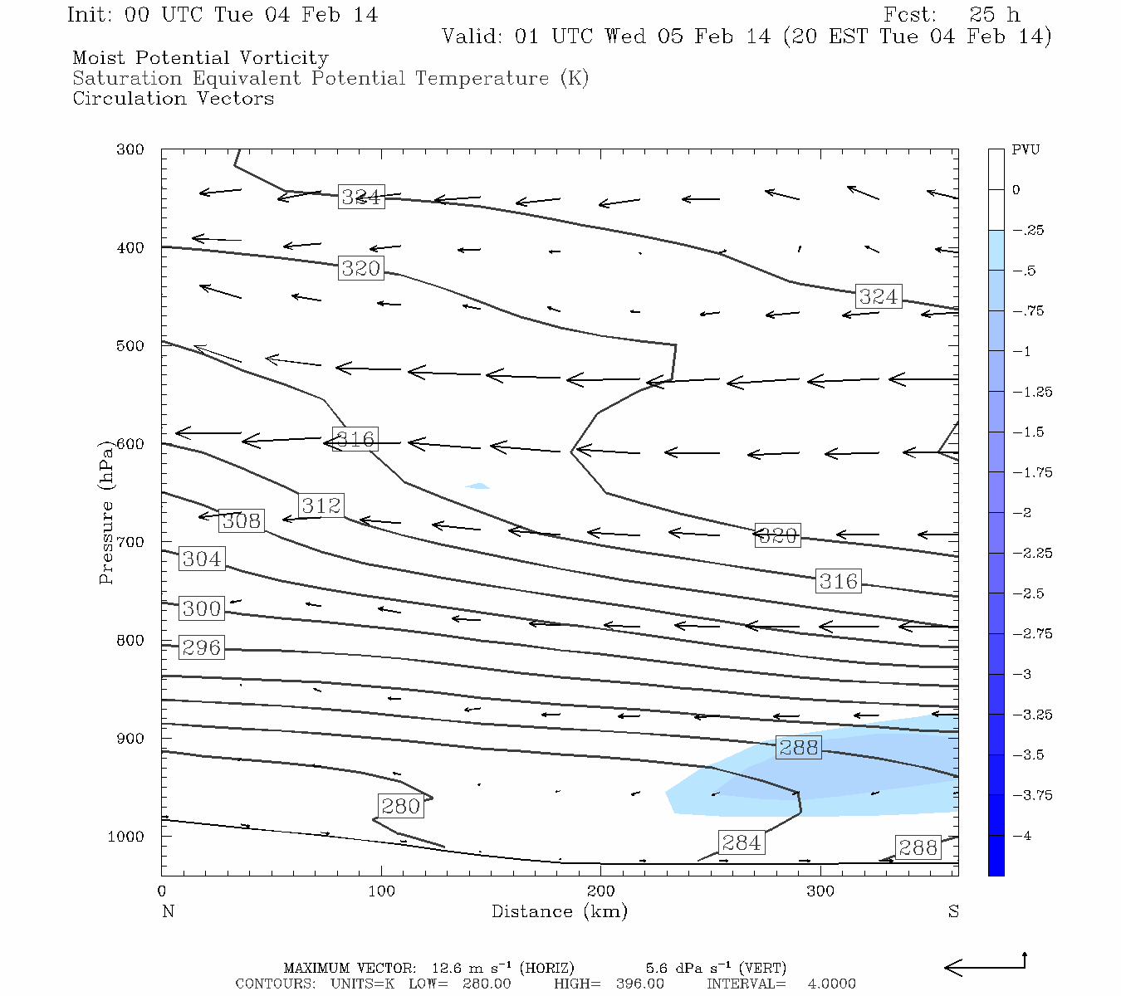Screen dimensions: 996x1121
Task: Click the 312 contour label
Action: point(321,505)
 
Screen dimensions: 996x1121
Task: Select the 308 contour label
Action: point(242,521)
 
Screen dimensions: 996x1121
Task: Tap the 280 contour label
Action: point(401,806)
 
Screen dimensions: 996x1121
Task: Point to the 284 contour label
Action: point(742,843)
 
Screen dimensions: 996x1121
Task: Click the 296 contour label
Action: point(202,647)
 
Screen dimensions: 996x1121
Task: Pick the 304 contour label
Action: point(202,559)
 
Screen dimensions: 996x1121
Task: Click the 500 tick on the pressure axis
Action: point(130,346)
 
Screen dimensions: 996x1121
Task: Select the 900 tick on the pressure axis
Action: point(130,739)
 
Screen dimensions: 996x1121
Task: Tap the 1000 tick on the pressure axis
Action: point(126,837)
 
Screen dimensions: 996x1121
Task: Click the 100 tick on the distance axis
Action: point(381,891)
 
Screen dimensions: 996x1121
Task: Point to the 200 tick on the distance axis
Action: point(601,891)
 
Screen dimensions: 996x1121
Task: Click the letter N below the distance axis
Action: point(168,911)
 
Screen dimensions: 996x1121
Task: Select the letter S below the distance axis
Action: point(953,911)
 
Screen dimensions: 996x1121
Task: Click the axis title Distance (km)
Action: point(559,911)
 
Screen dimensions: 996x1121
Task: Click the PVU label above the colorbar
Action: point(1026,150)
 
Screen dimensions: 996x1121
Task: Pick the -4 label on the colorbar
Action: point(1022,836)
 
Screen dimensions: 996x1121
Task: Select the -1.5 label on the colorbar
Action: point(1026,432)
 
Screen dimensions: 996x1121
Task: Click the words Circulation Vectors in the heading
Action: point(173,99)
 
